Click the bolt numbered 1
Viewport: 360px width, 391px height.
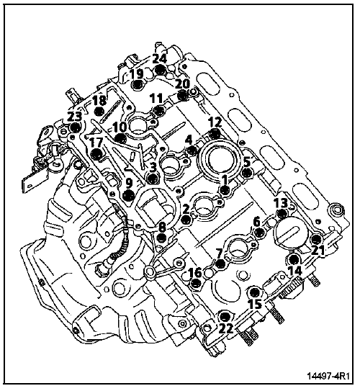point(225,191)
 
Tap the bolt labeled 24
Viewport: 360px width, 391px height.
point(160,70)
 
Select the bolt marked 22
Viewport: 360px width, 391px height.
point(225,316)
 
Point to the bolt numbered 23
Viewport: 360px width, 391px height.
point(75,127)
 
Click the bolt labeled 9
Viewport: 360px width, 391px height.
point(129,195)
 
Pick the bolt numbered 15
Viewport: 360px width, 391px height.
point(255,292)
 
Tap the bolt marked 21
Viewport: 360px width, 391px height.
point(316,239)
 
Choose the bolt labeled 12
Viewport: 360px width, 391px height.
point(214,134)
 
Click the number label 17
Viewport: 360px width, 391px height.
point(96,143)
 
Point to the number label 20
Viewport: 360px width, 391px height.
point(182,84)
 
